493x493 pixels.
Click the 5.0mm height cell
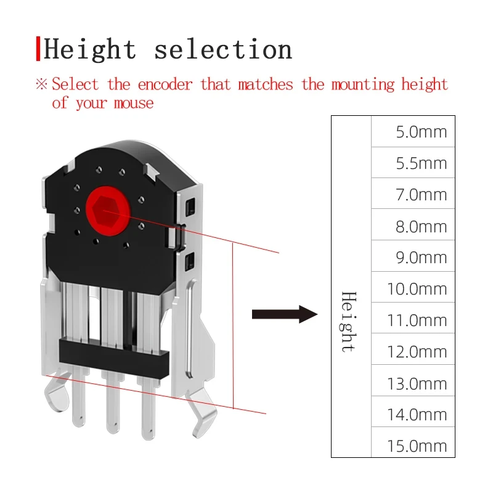(413, 132)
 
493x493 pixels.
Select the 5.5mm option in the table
(413, 163)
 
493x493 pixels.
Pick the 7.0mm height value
(413, 195)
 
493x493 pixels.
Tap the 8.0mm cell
(413, 226)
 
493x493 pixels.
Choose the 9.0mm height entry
(413, 257)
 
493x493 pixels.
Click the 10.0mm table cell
(413, 288)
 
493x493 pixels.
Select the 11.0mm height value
(413, 320)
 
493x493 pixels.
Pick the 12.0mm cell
(413, 351)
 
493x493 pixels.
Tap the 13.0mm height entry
(413, 383)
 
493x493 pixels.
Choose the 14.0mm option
(413, 414)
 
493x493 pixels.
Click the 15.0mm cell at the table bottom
(413, 445)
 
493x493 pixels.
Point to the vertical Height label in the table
(349, 321)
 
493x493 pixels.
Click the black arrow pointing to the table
(283, 314)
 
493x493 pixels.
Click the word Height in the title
(89, 49)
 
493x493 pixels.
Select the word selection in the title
(223, 49)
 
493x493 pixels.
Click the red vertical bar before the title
(38, 49)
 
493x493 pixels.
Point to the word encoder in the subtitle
(165, 84)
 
